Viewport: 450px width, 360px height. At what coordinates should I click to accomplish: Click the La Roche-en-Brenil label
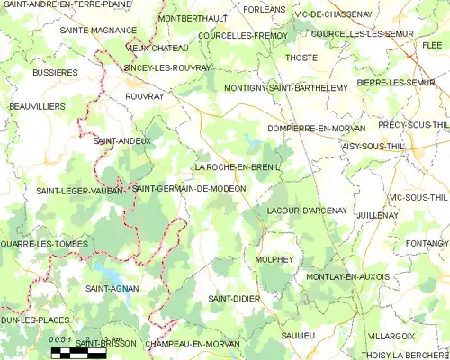point(238,167)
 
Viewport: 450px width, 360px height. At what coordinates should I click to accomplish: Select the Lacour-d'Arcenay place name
point(307,211)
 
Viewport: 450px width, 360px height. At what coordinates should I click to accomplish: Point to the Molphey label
point(274,258)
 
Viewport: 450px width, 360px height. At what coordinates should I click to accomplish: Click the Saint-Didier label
point(234,298)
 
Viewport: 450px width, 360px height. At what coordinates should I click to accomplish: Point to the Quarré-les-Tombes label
point(45,244)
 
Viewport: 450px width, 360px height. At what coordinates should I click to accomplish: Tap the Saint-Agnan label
point(111,288)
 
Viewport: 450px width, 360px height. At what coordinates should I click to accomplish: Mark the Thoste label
point(301,58)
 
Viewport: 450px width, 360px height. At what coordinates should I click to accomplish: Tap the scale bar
point(78,353)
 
